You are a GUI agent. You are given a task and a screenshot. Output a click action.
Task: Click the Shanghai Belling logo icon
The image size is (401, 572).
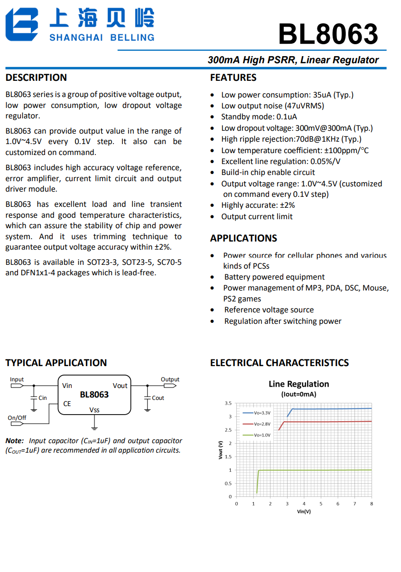pos(21,25)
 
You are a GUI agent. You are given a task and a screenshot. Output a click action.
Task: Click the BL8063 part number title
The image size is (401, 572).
pos(328,34)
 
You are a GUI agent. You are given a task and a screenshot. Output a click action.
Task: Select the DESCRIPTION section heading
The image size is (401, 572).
pos(36,78)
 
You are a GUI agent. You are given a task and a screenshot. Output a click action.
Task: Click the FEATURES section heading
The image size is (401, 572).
pos(233,78)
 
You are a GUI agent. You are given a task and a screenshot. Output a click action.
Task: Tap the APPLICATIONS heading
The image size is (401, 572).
pos(243,238)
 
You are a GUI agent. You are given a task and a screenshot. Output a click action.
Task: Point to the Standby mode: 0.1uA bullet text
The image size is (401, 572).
pos(259,117)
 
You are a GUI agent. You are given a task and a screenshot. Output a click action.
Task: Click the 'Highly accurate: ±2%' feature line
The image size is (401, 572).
pos(258,205)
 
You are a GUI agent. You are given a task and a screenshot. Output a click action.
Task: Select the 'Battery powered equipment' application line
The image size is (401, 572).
pos(274,277)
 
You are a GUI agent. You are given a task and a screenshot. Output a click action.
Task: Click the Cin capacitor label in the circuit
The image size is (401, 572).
pos(43,398)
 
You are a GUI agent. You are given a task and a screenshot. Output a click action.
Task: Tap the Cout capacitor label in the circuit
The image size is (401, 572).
pos(158,398)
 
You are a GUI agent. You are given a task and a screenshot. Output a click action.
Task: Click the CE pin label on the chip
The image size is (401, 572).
pos(67,404)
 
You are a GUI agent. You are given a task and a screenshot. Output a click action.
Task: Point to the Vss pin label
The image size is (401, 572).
pos(94,410)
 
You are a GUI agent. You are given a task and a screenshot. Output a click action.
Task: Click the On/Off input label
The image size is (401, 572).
pos(17,418)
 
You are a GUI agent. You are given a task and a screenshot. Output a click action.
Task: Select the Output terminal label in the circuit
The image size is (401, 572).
pos(170,379)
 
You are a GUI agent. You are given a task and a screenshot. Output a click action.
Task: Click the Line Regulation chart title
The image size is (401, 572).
pos(298,384)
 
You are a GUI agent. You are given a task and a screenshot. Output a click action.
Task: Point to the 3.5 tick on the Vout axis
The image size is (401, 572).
pos(228,403)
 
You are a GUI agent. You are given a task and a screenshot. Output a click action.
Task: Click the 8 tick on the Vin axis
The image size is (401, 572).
pos(372,504)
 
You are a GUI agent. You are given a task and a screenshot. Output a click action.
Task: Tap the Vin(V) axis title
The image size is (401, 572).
pos(304,511)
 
